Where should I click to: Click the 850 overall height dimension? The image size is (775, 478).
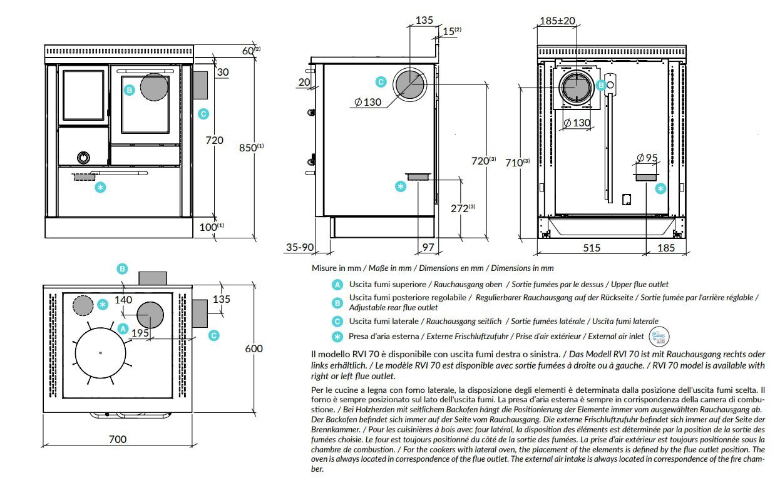pyautogui.click(x=249, y=148)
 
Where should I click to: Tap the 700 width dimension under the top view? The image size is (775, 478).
pyautogui.click(x=118, y=439)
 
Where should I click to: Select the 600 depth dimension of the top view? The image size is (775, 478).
pyautogui.click(x=254, y=348)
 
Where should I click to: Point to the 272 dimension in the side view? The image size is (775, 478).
pyautogui.click(x=460, y=208)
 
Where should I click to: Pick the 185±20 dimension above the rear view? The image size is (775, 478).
pyautogui.click(x=557, y=21)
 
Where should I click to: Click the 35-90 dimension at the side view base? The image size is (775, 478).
pyautogui.click(x=299, y=248)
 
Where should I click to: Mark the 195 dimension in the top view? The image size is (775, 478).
pyautogui.click(x=140, y=333)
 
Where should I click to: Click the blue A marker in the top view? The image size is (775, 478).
pyautogui.click(x=123, y=328)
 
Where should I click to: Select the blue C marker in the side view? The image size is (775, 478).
pyautogui.click(x=381, y=81)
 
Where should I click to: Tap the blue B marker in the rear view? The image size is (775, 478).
pyautogui.click(x=601, y=85)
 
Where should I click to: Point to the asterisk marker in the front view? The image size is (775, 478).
pyautogui.click(x=100, y=186)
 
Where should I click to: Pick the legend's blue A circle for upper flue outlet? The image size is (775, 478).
pyautogui.click(x=337, y=284)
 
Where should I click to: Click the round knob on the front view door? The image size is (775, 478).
pyautogui.click(x=82, y=156)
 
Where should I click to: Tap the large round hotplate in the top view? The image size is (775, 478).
pyautogui.click(x=100, y=353)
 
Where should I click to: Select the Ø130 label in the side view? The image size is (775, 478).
pyautogui.click(x=367, y=103)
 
